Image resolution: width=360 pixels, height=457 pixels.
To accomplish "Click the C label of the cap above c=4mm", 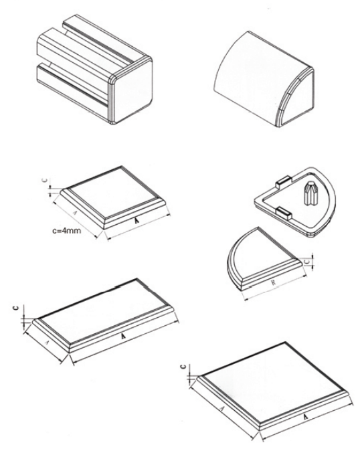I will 45,181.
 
